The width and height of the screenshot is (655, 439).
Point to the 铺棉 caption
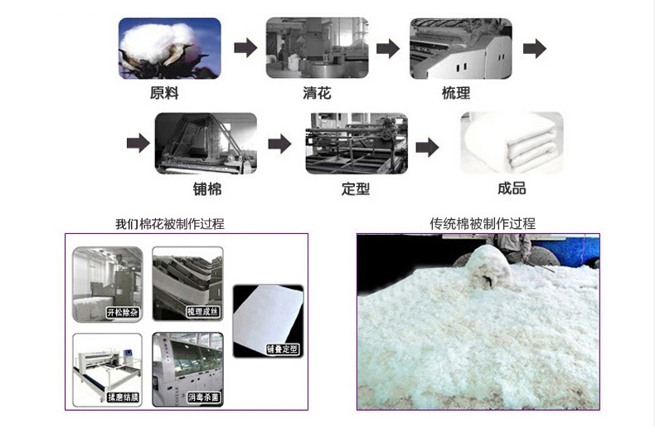click(x=207, y=188)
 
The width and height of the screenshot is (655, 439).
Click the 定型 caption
click(x=356, y=188)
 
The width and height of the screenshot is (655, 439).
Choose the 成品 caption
click(x=512, y=188)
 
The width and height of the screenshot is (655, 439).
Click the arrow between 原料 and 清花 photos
click(x=244, y=48)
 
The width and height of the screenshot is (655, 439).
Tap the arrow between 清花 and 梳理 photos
click(x=387, y=48)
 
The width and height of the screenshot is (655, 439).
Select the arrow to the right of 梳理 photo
click(x=535, y=48)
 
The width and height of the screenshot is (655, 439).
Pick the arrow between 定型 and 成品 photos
click(x=427, y=147)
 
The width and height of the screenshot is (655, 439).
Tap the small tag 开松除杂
click(x=123, y=313)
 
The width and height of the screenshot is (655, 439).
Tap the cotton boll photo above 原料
click(x=170, y=48)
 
